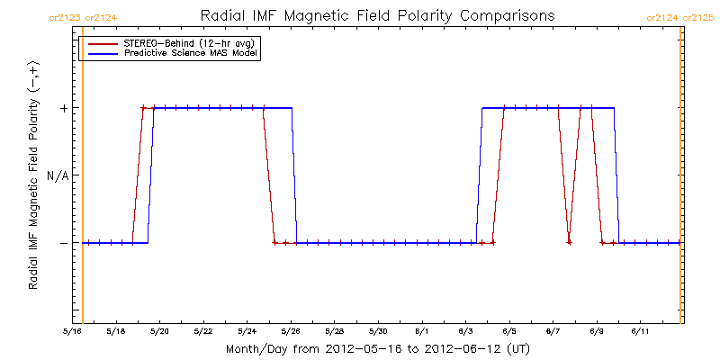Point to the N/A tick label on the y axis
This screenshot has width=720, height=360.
coord(58,175)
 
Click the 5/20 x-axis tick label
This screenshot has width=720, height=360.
coord(159,332)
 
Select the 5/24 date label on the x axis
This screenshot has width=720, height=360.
coord(247,332)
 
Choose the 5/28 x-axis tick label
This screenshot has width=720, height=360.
coord(334,332)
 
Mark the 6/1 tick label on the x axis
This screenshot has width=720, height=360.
coord(421,332)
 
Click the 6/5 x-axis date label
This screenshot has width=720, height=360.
coord(508,332)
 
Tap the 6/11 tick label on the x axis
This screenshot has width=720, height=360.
coord(639,332)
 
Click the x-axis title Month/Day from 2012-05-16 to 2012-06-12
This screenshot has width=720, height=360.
coord(377,348)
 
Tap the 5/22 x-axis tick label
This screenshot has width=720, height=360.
coord(202,332)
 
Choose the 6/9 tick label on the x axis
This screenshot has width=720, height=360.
coord(596,332)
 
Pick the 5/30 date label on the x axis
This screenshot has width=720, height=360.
coord(377,332)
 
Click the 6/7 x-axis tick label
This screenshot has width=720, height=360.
coord(552,332)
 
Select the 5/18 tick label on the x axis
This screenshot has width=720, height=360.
coord(115,332)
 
